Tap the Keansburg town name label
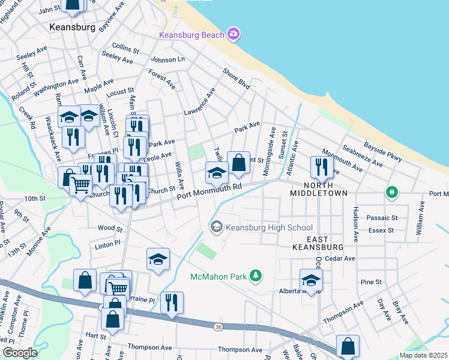click(x=73, y=28)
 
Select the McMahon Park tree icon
click(x=256, y=276)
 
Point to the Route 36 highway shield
click(x=217, y=326)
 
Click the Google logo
click(x=20, y=352)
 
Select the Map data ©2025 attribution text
click(x=423, y=355)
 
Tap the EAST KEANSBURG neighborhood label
click(x=318, y=242)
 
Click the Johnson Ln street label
click(x=167, y=59)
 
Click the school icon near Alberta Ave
click(x=311, y=279)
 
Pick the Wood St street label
click(x=110, y=229)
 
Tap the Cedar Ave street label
click(x=340, y=259)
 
